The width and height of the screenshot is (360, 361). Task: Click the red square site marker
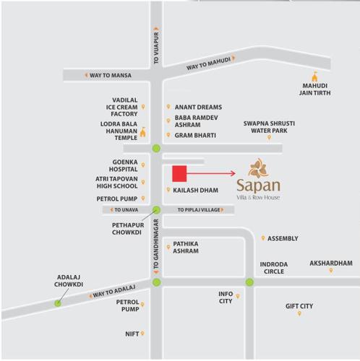point(179,173)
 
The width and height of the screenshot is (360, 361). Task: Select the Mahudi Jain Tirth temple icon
point(314,77)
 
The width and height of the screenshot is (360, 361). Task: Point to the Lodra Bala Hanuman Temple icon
point(142,132)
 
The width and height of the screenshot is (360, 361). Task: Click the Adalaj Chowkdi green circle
point(58,303)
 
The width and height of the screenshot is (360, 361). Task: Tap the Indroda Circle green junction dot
point(249,282)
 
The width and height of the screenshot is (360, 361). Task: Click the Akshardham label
point(331,264)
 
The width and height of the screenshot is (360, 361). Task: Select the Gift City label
point(299,306)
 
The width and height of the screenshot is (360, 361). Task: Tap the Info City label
point(226,297)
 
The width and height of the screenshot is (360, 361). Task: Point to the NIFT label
point(132,334)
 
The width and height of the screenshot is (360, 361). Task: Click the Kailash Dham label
point(195,190)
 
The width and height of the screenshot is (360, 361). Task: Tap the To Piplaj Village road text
point(199,210)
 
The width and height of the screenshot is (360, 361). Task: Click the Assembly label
point(283,238)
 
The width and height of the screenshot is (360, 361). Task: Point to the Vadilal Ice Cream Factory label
point(124,107)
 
